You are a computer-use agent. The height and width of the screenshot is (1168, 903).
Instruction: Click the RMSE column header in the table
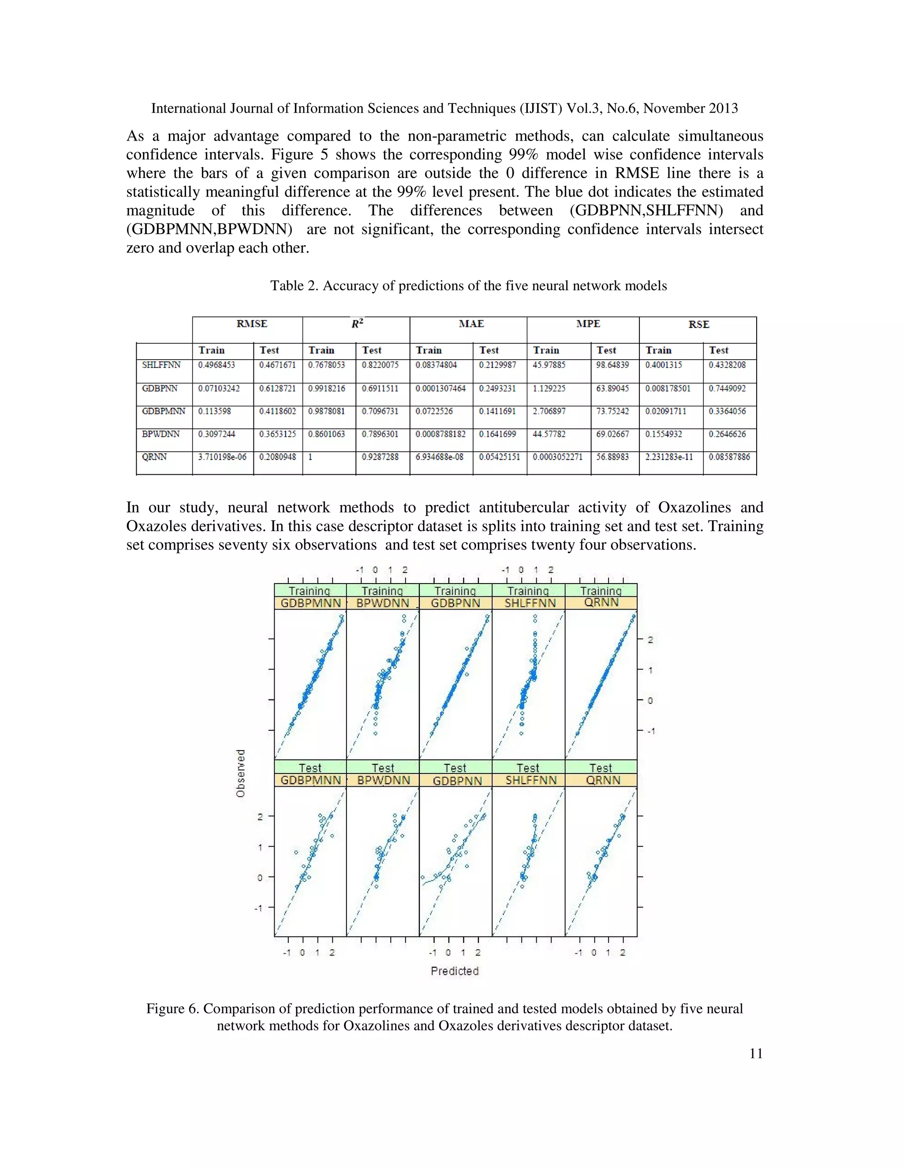(251, 324)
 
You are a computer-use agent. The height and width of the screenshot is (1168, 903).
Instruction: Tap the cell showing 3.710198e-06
(222, 457)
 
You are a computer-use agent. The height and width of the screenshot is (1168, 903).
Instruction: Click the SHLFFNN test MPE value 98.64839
(612, 365)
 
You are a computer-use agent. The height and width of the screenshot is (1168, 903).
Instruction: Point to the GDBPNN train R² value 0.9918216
(326, 388)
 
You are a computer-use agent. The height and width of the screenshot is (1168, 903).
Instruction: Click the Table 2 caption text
(468, 286)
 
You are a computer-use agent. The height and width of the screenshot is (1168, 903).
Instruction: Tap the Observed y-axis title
(241, 774)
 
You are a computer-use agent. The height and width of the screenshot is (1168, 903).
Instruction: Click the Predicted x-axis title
(455, 971)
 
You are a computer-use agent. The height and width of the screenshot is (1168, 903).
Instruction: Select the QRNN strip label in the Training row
(601, 603)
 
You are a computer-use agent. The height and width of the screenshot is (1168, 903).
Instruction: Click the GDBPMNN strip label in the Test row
(310, 780)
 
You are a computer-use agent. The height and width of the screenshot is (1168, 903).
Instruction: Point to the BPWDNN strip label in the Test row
(383, 780)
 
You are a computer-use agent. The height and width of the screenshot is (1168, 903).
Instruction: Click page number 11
(755, 1053)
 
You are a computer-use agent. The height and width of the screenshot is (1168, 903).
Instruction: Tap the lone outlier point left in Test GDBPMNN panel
(296, 852)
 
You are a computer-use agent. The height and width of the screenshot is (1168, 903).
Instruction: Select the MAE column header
(471, 324)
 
